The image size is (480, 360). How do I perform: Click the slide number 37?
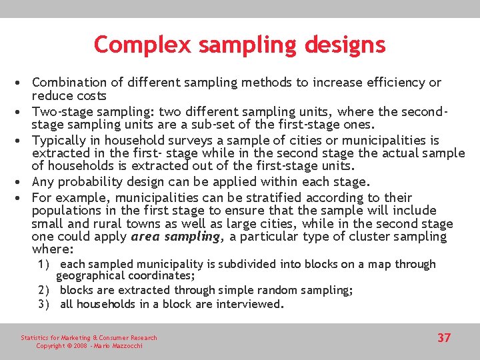click(x=444, y=338)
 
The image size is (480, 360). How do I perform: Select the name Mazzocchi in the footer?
click(x=126, y=346)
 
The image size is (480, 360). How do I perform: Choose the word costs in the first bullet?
click(x=89, y=95)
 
